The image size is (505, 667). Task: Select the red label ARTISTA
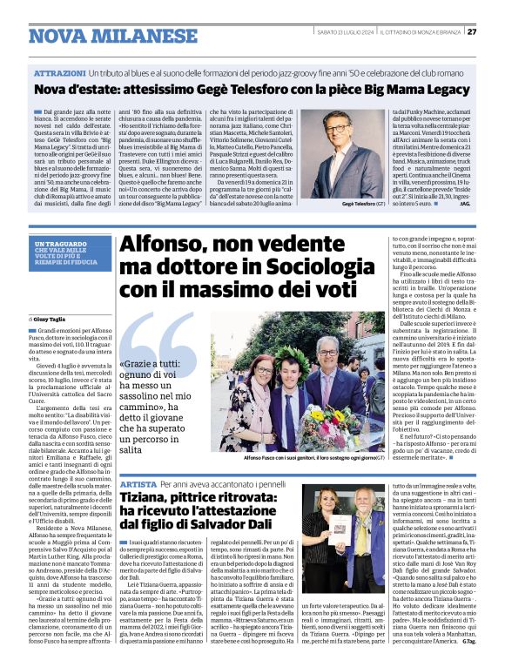139,483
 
